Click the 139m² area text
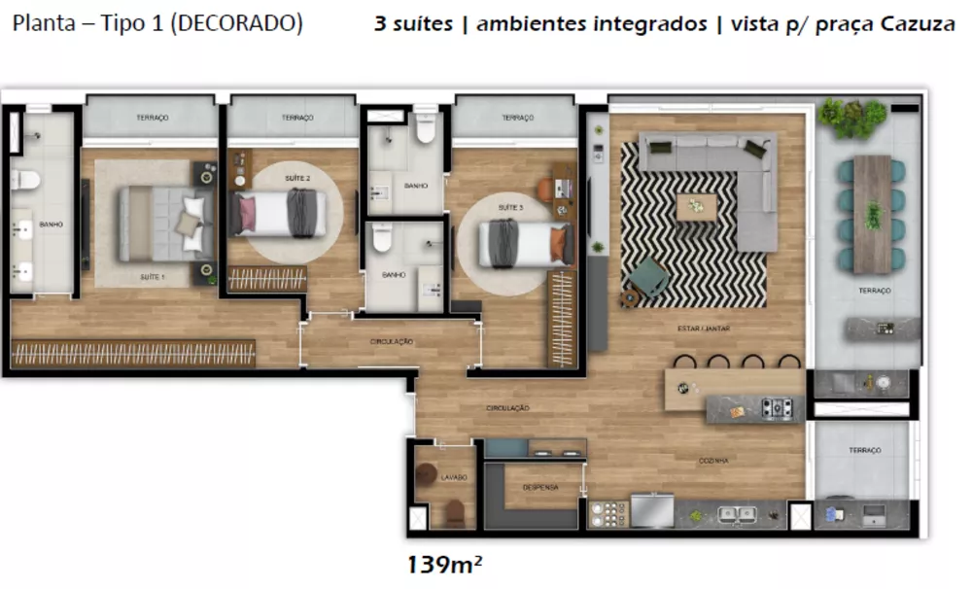coord(445,563)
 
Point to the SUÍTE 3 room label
coord(510,207)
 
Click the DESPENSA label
coord(539,487)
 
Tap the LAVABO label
coord(453,477)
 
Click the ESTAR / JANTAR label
coord(703,329)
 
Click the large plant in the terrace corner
coord(851,117)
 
